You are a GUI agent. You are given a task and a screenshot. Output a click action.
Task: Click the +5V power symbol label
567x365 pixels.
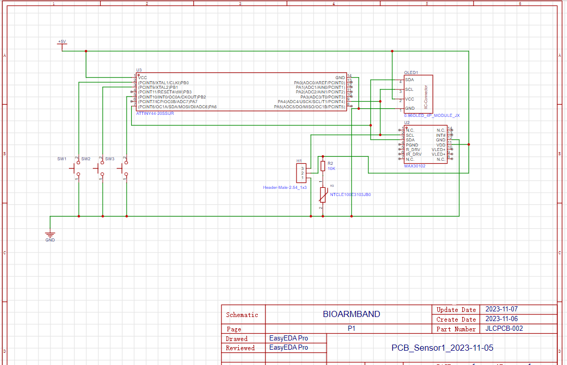coord(61,41)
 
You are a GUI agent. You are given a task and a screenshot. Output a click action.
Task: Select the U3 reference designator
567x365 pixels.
coord(139,70)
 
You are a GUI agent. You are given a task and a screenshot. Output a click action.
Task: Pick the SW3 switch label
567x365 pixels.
coord(110,159)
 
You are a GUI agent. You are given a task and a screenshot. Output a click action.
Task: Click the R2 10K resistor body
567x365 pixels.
coord(323,165)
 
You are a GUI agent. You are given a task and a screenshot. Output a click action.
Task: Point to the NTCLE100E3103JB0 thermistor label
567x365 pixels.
coord(350,194)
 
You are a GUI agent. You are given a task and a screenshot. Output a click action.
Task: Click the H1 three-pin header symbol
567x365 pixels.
coord(301,173)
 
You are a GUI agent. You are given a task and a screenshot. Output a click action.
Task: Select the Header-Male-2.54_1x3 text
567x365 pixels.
coord(285,187)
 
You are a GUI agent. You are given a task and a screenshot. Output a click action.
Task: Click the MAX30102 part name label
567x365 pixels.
coord(414,166)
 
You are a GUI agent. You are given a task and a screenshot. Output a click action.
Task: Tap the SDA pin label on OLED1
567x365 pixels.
coord(409,80)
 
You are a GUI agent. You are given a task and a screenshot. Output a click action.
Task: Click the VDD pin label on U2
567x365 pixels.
coord(440,145)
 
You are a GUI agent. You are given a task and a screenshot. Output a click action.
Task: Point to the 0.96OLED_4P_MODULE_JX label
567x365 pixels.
coord(432,116)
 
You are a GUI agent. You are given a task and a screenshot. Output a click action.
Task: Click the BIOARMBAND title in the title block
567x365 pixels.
coord(351,314)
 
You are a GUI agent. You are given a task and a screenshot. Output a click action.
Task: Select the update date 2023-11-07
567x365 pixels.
coord(502,309)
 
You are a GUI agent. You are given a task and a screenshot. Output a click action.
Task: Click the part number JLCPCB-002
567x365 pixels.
coord(504,329)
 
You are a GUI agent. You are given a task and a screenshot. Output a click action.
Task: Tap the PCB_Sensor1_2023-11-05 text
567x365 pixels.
coord(442,348)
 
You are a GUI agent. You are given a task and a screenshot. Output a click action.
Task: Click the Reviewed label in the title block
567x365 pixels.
coord(240,348)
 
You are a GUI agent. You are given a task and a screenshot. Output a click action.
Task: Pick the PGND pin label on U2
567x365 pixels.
coord(412,145)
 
